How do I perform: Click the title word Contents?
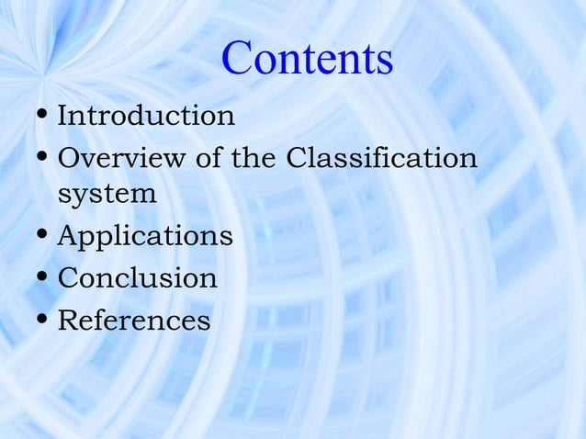click(x=308, y=59)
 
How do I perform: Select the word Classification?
click(x=381, y=158)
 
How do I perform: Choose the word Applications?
click(x=144, y=237)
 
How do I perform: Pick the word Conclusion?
click(x=138, y=277)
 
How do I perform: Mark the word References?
click(x=134, y=320)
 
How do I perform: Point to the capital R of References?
click(x=68, y=320)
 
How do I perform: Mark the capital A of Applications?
click(x=68, y=236)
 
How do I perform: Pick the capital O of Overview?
click(x=69, y=158)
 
